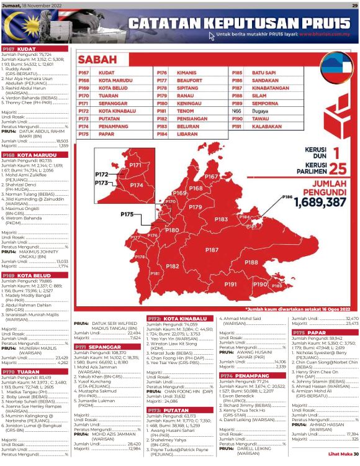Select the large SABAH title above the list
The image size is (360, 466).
[98, 60]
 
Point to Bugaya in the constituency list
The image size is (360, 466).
[260, 110]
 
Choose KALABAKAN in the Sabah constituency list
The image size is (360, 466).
[266, 126]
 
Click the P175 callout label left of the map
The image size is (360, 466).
[127, 214]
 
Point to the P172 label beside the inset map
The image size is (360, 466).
[102, 175]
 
